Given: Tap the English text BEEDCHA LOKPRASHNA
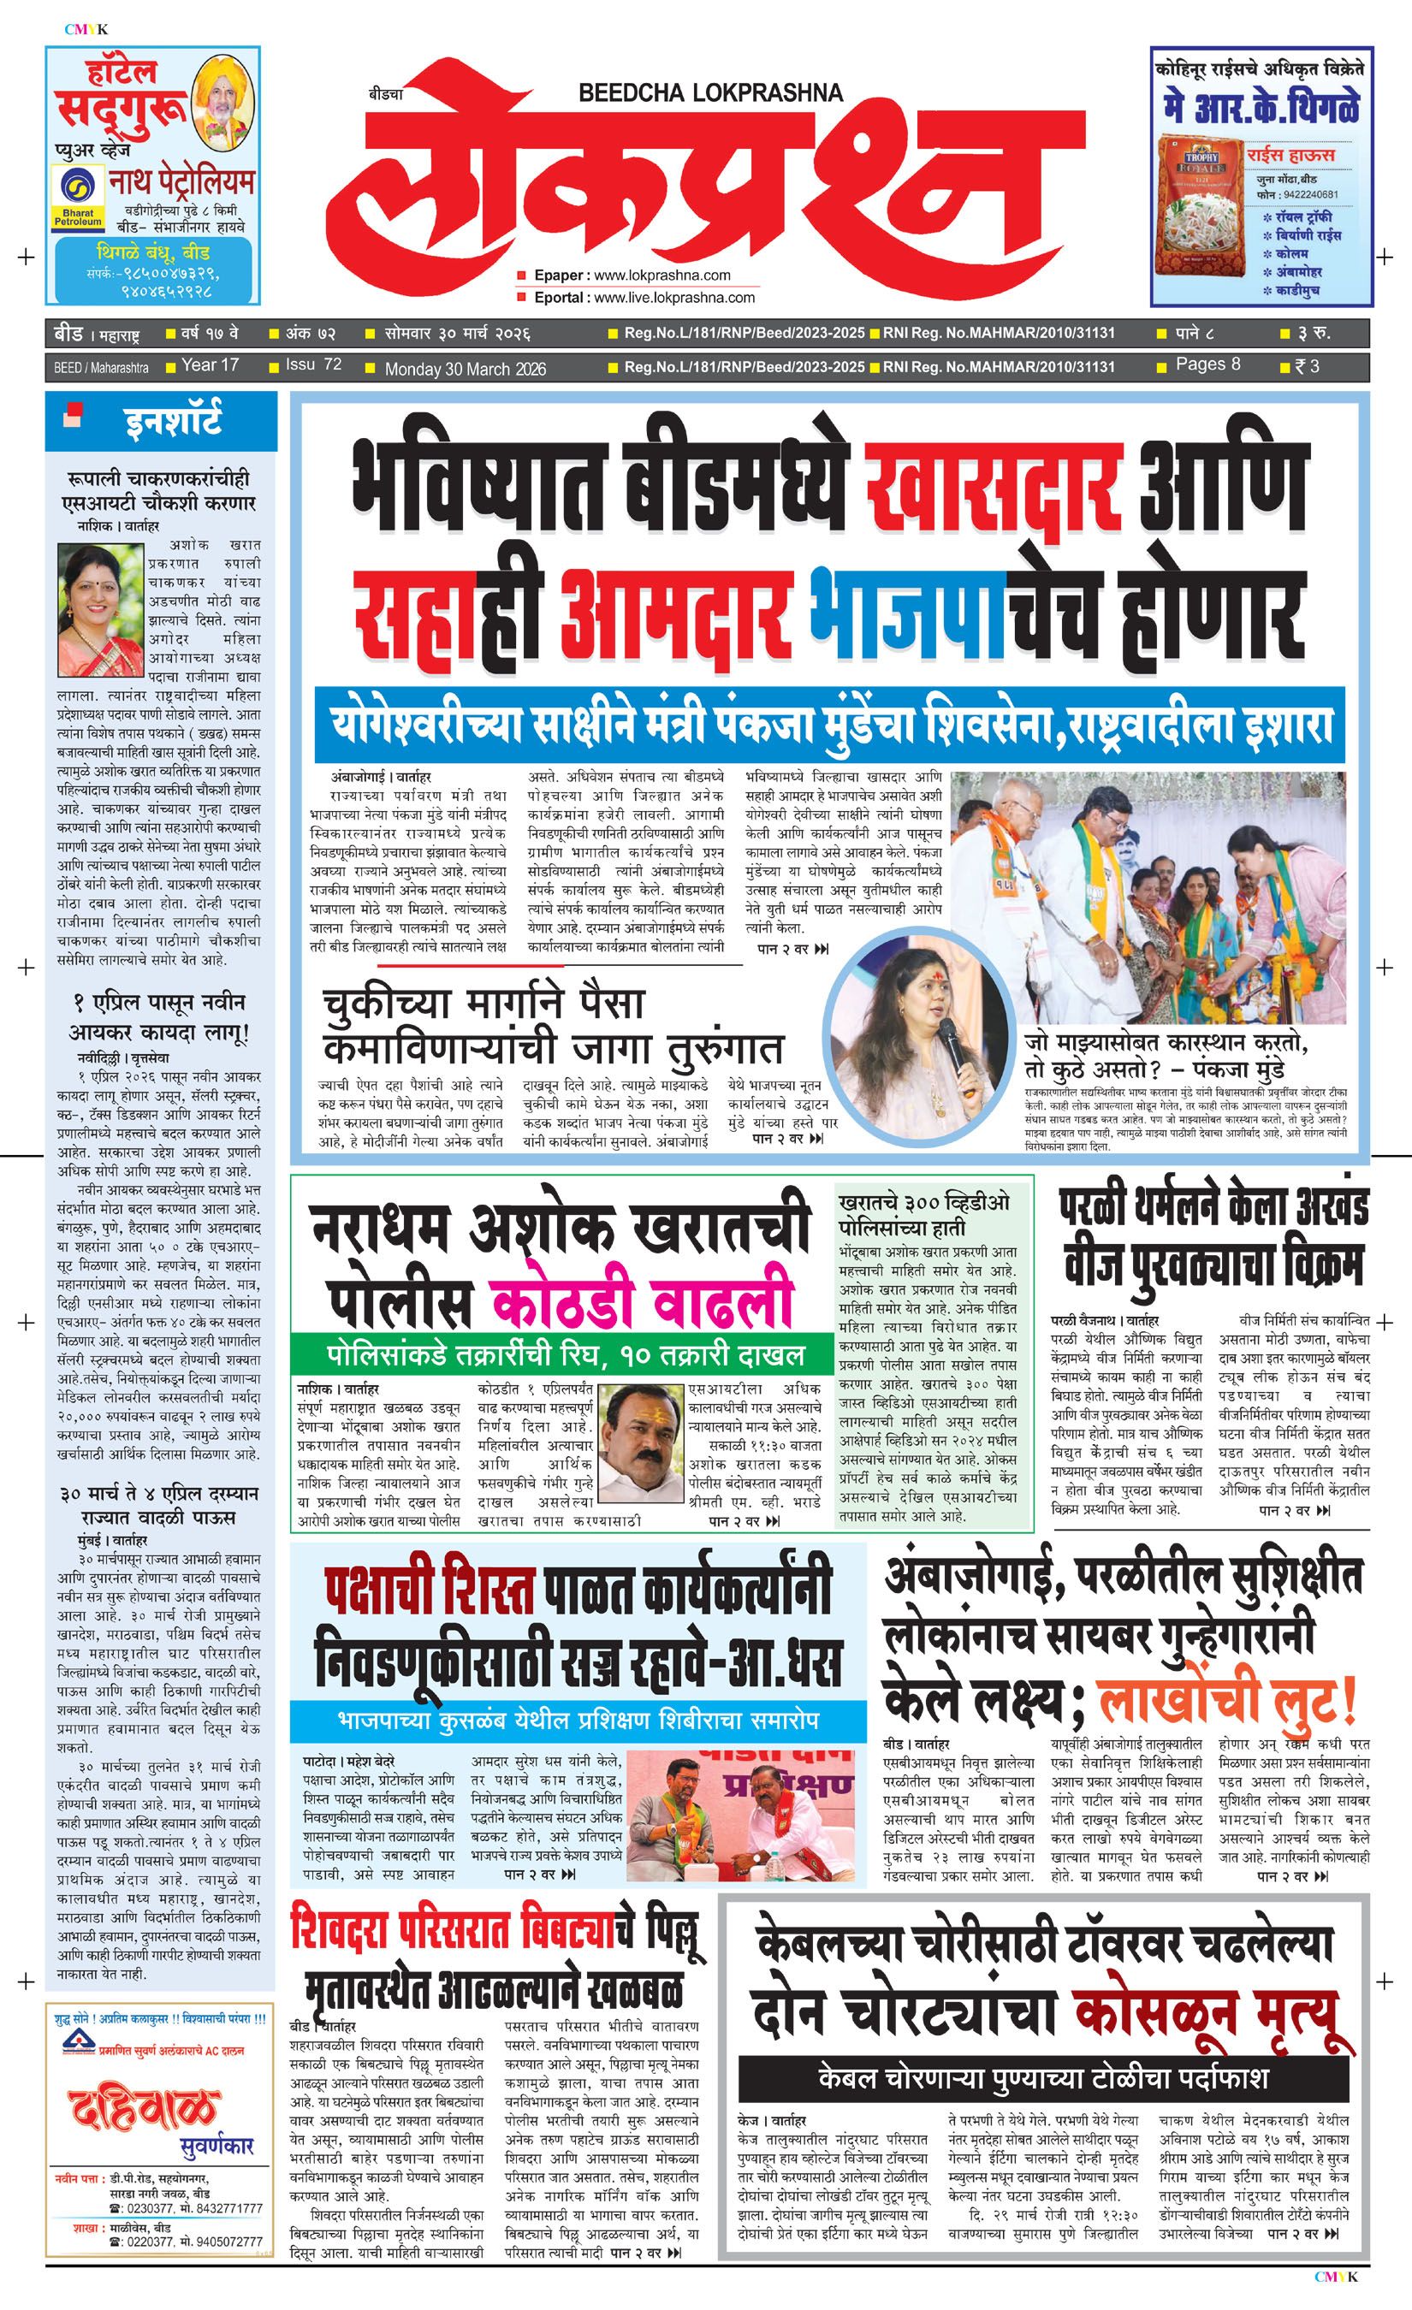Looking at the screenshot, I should click(710, 92).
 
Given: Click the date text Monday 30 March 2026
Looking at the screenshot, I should click(465, 369).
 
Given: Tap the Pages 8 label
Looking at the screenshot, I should click(1207, 364).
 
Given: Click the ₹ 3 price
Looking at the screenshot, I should click(1308, 365).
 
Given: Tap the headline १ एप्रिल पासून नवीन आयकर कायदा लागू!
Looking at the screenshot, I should click(160, 1019).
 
